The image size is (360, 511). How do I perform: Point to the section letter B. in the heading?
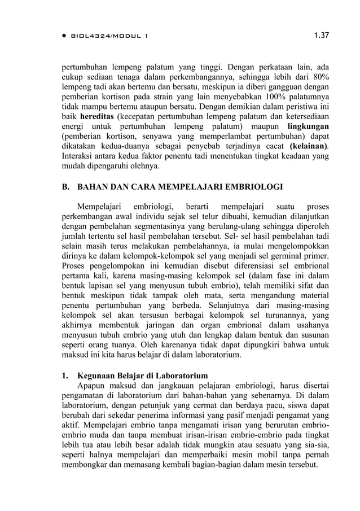click(x=66, y=187)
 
